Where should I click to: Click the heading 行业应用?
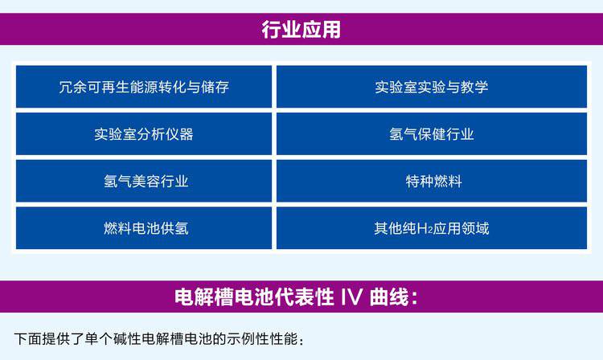pyautogui.click(x=301, y=29)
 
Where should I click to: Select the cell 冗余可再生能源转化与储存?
pyautogui.click(x=144, y=87)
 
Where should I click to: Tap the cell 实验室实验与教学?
pyautogui.click(x=432, y=87)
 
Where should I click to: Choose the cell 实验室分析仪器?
pyautogui.click(x=144, y=134)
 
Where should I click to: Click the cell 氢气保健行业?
pyautogui.click(x=432, y=134)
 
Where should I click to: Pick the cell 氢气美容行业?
pyautogui.click(x=144, y=181)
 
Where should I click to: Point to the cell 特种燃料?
pyautogui.click(x=432, y=181)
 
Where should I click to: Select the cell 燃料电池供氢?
pyautogui.click(x=144, y=228)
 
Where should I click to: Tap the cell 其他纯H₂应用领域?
pyautogui.click(x=432, y=228)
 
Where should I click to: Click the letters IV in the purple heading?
pyautogui.click(x=351, y=297)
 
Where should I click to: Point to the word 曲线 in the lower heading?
pyautogui.click(x=389, y=297)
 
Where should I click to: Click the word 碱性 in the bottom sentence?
pyautogui.click(x=127, y=339)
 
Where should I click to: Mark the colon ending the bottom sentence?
pyautogui.click(x=301, y=341)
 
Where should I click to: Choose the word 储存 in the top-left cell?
pyautogui.click(x=215, y=88)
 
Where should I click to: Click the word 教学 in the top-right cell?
pyautogui.click(x=474, y=88)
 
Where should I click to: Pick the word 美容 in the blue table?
pyautogui.click(x=146, y=182)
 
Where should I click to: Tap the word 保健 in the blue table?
pyautogui.click(x=432, y=134)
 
